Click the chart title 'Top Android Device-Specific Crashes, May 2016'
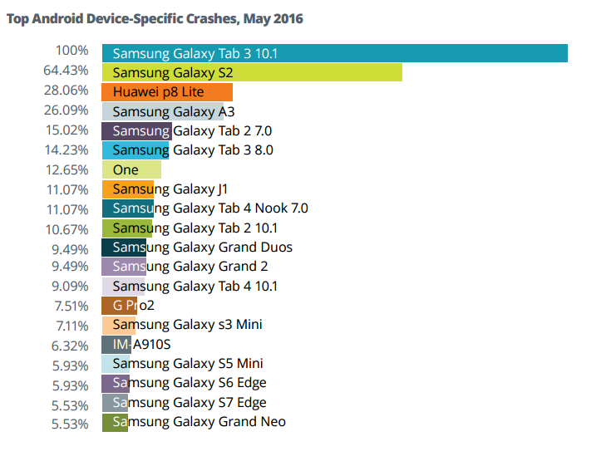coord(155,19)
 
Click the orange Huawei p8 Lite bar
coord(167,92)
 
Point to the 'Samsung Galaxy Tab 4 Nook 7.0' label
coord(209,208)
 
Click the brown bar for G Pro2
coord(119,306)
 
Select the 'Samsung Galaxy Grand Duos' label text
coord(202,248)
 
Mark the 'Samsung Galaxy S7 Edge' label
coord(190,403)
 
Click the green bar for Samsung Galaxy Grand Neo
coord(115,422)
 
